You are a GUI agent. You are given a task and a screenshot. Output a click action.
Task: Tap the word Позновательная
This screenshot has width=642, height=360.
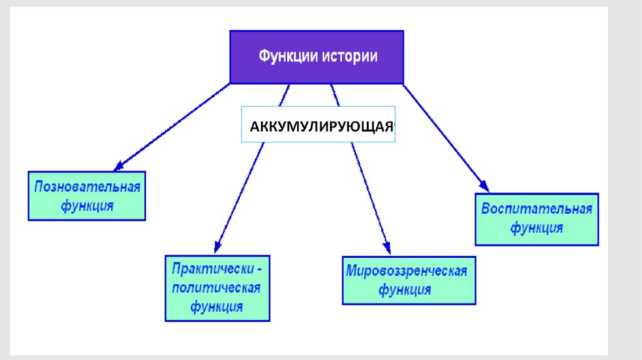(87, 188)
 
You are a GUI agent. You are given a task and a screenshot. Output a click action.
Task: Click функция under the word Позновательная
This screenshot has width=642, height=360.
(87, 205)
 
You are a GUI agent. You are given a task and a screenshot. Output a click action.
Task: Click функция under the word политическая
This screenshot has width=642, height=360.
(217, 307)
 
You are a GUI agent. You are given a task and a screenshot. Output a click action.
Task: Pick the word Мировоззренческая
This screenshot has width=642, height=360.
(407, 272)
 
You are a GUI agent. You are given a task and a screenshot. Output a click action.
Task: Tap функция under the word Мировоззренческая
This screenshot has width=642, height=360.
(405, 290)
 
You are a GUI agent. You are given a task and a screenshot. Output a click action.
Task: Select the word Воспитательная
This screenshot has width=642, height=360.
(537, 209)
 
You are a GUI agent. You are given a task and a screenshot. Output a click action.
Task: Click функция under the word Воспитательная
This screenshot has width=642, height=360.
(537, 227)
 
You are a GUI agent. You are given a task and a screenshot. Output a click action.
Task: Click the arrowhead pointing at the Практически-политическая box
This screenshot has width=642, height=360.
(218, 246)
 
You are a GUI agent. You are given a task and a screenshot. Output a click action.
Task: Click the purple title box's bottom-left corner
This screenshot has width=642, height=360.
(231, 83)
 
